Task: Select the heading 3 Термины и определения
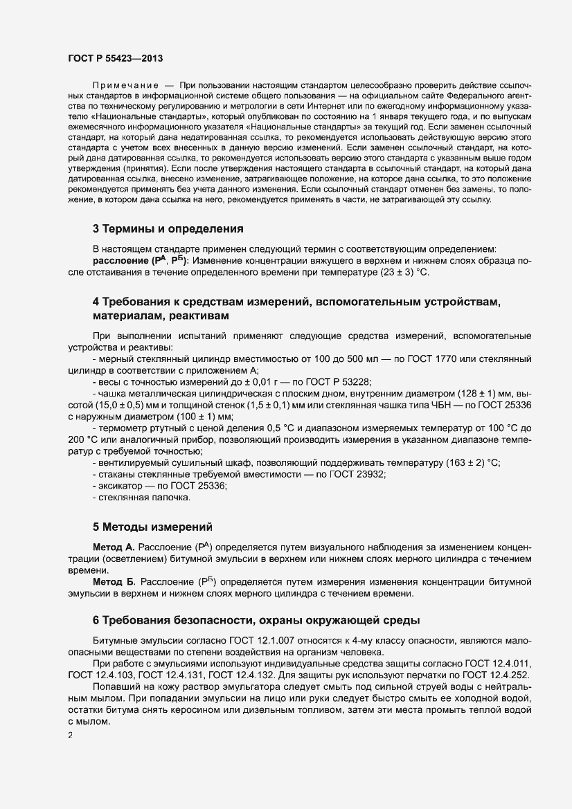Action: [x=168, y=228]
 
